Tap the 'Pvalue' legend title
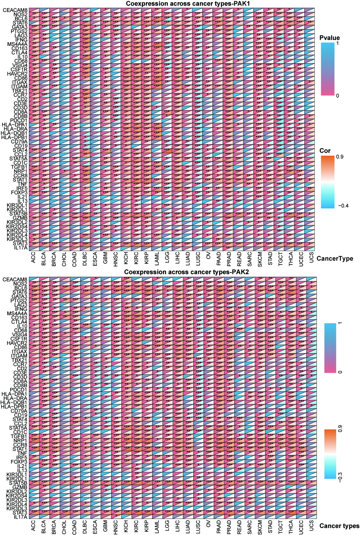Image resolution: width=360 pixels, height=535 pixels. coord(330,38)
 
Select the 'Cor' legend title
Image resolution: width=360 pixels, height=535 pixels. coord(325,151)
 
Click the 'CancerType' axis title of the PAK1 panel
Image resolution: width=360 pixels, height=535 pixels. coord(335,259)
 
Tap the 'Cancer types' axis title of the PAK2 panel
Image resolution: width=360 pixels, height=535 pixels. coord(339,526)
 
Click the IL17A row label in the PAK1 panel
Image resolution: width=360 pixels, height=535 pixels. coord(20,247)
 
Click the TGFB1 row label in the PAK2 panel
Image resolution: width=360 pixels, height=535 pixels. coord(19,436)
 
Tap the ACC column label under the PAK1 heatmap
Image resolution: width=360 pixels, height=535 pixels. coord(33,258)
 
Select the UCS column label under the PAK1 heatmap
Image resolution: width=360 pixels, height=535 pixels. coord(311,258)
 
